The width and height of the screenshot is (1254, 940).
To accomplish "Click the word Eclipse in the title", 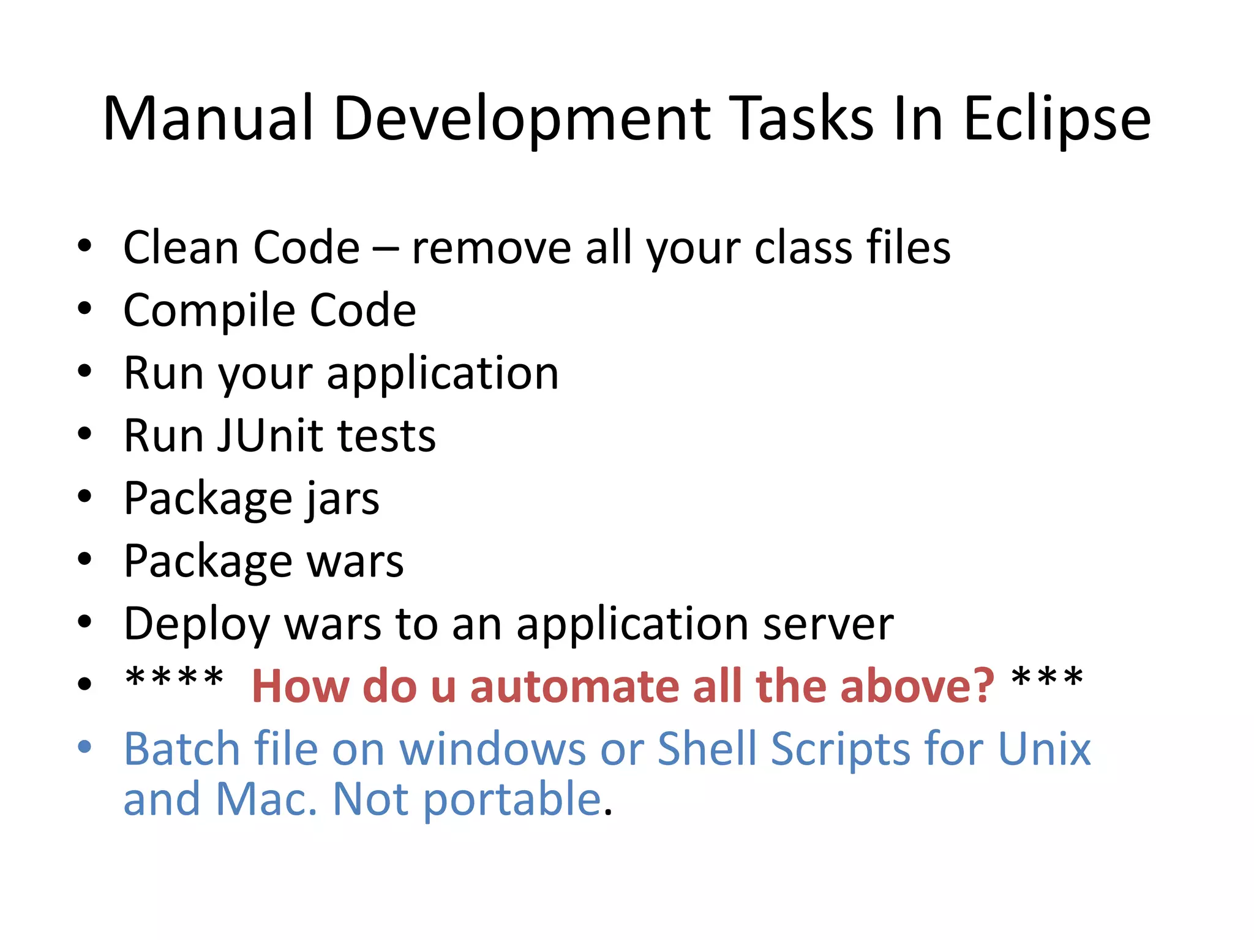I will click(x=1057, y=119).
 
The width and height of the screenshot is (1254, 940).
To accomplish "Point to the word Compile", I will click(x=209, y=311).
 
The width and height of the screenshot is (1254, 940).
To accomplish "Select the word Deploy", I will click(x=197, y=625).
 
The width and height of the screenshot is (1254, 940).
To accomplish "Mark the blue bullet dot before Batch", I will click(x=84, y=747).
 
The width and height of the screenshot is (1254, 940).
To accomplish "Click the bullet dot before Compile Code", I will click(x=84, y=308).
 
